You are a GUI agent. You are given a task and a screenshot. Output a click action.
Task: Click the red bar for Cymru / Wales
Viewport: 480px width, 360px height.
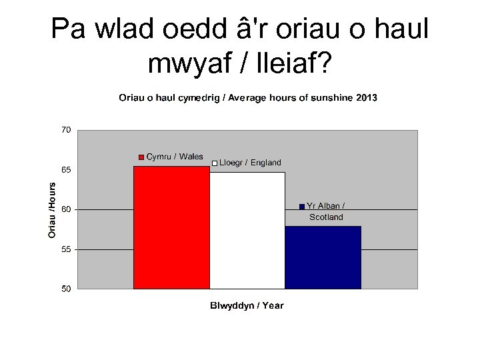[172, 227]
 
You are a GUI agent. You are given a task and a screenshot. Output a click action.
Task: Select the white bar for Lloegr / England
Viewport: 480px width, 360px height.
[247, 230]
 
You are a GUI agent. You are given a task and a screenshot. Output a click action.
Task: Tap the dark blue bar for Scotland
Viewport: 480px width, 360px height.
[323, 257]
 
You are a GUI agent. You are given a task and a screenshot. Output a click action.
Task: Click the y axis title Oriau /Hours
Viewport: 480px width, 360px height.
[52, 210]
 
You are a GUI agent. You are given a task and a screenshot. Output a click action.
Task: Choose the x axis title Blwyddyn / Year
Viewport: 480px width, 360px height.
[247, 306]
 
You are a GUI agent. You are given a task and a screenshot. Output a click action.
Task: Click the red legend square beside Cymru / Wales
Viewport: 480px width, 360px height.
[141, 157]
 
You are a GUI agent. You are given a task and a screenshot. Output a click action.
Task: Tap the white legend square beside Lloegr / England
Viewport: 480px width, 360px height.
[215, 163]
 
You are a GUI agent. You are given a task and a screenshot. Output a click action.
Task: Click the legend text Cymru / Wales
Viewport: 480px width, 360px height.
[175, 157]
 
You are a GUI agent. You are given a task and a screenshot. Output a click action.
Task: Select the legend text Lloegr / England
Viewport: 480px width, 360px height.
[251, 163]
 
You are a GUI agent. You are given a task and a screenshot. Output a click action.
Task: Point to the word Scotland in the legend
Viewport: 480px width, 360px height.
[326, 217]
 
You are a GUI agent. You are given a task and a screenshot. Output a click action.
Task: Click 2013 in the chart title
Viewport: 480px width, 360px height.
[366, 98]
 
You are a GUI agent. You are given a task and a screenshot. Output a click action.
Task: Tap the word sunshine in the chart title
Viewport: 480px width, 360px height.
[333, 98]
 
